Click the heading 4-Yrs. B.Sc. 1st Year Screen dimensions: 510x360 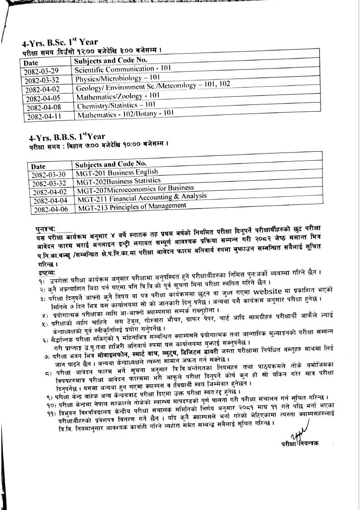[x=59, y=43]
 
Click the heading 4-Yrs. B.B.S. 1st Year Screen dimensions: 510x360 [x=67, y=136]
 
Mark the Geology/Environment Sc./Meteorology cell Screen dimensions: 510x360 [x=153, y=86]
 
